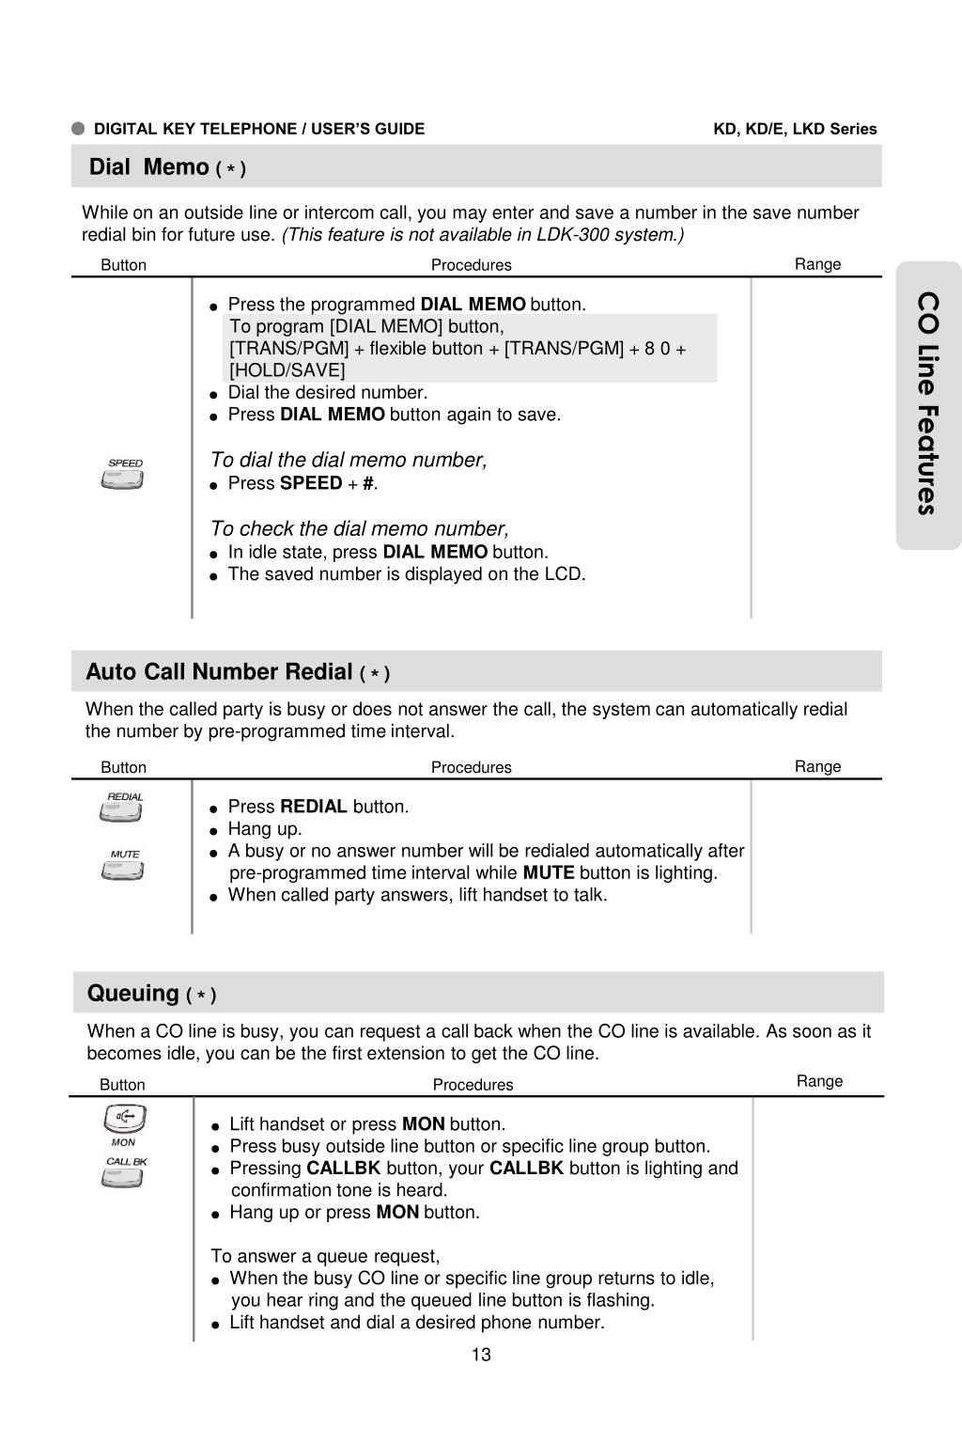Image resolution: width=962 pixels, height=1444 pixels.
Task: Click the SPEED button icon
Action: tap(123, 479)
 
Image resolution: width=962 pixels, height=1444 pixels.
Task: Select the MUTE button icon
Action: tap(123, 871)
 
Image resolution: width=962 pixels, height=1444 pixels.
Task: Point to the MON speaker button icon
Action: tap(124, 1119)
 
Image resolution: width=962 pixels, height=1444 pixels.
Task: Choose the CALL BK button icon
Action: tap(123, 1177)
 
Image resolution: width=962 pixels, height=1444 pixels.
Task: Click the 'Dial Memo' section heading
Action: tap(148, 167)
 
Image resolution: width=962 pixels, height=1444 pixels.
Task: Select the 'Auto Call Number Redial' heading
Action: tap(219, 671)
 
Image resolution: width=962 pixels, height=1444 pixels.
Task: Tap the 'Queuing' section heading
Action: tap(132, 993)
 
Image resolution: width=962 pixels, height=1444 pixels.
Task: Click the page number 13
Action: tap(481, 1355)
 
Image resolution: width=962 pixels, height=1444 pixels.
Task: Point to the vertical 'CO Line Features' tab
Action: tap(928, 404)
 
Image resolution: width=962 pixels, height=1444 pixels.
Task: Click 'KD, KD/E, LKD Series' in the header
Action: tap(795, 129)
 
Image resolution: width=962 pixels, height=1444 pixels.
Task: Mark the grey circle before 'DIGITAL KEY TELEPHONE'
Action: tap(79, 129)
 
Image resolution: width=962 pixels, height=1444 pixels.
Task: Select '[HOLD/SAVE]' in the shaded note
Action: tap(287, 370)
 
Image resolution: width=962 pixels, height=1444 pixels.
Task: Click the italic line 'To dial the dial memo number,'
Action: tap(349, 460)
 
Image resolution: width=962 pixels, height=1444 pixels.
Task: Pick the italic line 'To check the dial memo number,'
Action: tap(359, 528)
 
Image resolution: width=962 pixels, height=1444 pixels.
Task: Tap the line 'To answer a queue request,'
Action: tap(325, 1256)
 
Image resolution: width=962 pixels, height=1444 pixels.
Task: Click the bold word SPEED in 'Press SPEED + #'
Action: tap(311, 483)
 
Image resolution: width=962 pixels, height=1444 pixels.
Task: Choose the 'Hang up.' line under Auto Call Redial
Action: tap(265, 829)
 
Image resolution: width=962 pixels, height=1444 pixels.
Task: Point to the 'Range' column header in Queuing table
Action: tap(819, 1081)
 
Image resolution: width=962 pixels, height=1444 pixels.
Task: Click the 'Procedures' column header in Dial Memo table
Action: tap(471, 265)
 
